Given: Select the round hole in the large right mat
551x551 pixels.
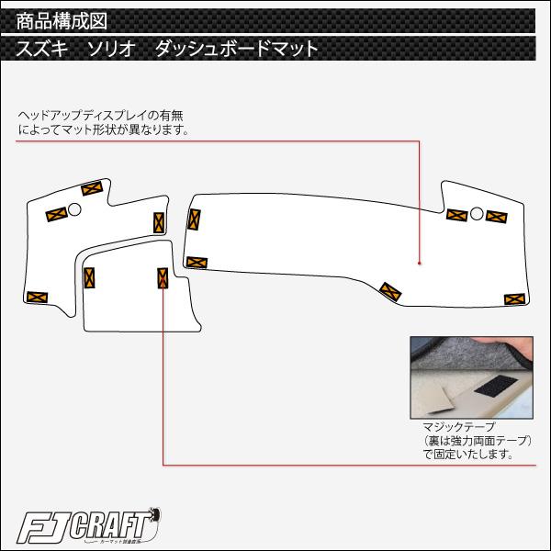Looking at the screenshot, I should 477,213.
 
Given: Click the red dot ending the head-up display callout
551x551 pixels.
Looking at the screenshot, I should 420,264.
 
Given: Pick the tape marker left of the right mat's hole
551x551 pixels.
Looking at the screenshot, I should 456,214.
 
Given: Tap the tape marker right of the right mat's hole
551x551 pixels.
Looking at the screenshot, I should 497,217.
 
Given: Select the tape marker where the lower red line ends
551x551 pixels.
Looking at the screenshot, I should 163,278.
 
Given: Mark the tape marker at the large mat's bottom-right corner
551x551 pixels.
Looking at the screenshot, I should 514,298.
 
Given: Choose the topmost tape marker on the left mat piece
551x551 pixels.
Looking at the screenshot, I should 91,189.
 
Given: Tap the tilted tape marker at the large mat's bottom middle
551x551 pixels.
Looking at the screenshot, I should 389,291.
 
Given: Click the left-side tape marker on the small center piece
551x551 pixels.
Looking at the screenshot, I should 90,275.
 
